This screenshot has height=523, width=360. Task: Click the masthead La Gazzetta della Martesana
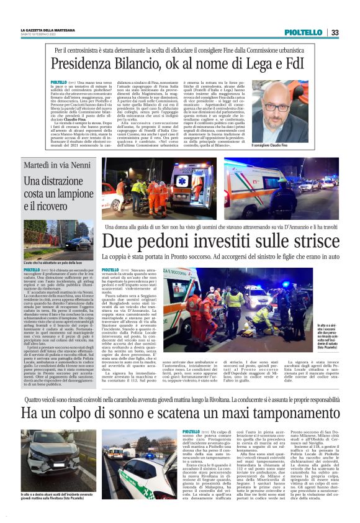click(x=52, y=30)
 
